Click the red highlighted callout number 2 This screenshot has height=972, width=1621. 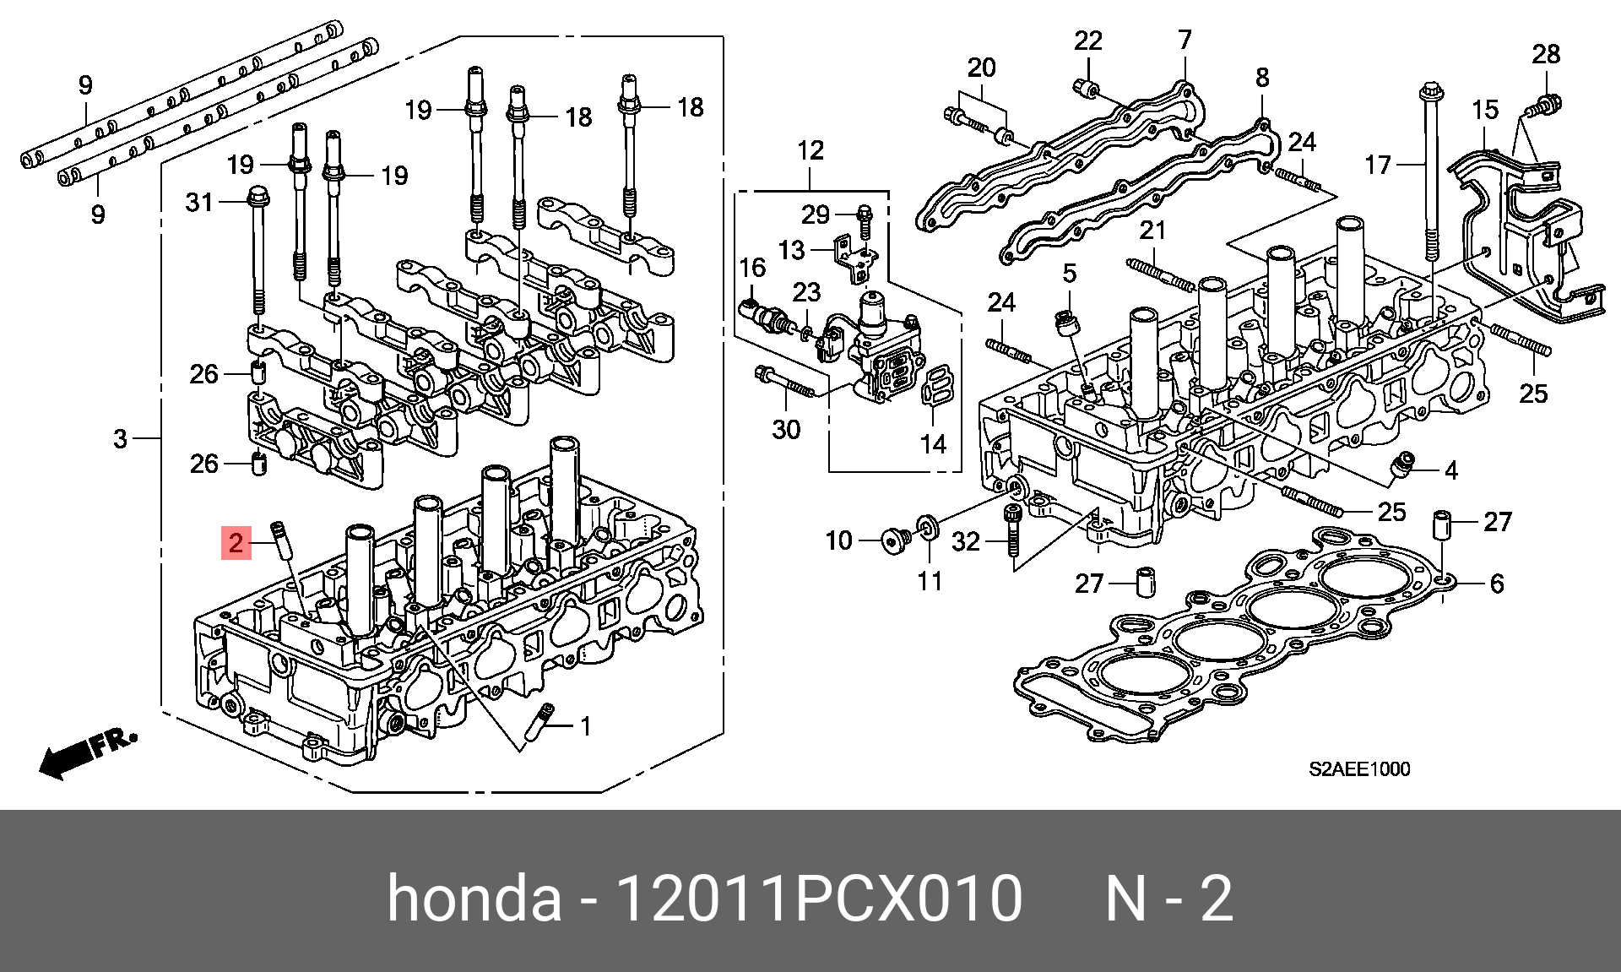point(236,542)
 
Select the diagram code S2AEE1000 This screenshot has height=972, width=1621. point(1359,768)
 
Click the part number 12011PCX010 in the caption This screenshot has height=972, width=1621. point(820,899)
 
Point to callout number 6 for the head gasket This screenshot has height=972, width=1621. point(1496,584)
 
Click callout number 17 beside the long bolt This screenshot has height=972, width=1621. point(1378,165)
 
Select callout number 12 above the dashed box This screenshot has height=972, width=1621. point(810,150)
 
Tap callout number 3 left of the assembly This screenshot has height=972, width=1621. point(121,438)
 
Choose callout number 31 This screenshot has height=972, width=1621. point(199,203)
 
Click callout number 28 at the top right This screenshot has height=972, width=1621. point(1546,54)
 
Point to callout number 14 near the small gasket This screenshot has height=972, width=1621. point(933,444)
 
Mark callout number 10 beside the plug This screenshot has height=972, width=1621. point(838,540)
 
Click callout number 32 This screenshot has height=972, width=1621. point(966,540)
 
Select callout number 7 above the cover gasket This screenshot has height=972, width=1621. point(1185,40)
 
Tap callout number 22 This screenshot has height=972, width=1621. point(1088,41)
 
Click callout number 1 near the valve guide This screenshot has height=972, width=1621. point(585,726)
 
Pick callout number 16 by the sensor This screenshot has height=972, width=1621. point(751,268)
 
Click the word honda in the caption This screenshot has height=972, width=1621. point(474,899)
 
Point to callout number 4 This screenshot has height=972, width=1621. point(1450,470)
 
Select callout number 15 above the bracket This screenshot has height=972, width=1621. point(1485,110)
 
